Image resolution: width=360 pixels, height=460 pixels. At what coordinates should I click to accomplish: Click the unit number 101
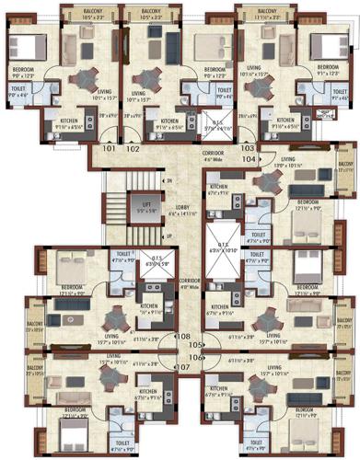coord(108,147)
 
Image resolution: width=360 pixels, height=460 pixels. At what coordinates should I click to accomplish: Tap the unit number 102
coord(133,147)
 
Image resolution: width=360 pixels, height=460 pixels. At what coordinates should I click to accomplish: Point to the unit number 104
coord(247,159)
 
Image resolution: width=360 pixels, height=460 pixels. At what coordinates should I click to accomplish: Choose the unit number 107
coord(182,367)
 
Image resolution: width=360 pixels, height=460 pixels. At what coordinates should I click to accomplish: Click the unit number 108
coord(182,337)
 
